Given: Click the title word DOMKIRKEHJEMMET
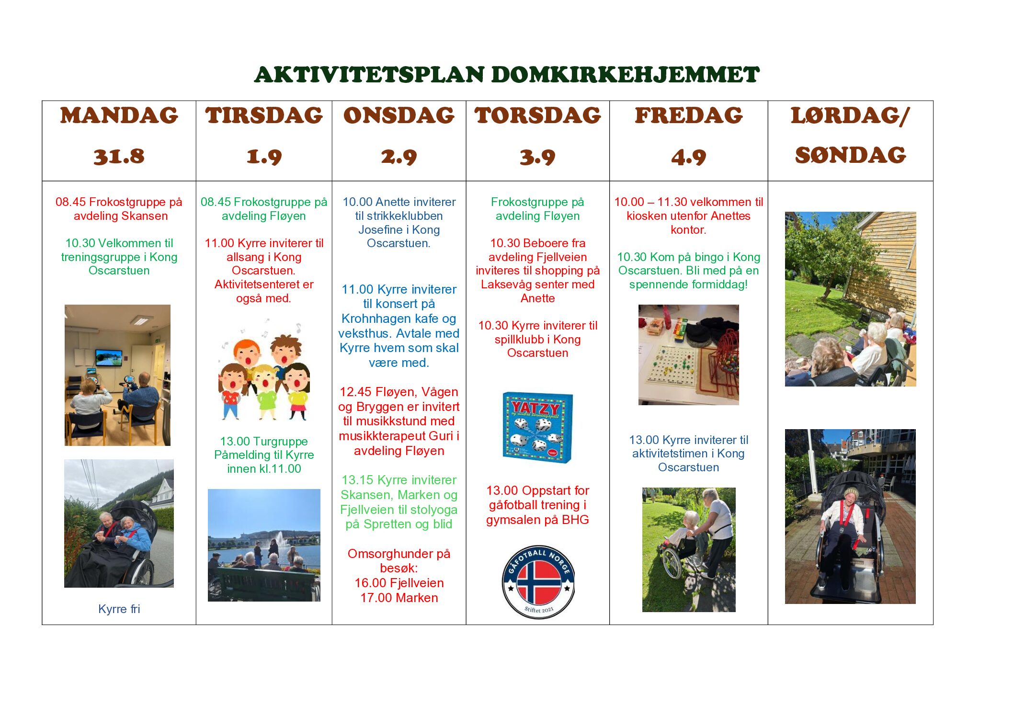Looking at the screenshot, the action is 625,75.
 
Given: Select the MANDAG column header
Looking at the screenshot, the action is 119,116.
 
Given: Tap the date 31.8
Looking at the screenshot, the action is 119,157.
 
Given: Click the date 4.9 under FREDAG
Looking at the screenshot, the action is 688,157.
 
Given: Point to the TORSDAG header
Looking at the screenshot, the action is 537,116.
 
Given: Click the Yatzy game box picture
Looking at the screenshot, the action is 537,427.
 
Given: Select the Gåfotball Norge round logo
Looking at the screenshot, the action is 538,582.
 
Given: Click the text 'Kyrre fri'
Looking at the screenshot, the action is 119,609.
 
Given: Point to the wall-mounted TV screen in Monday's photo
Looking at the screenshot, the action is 109,358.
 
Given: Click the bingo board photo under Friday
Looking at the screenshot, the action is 688,355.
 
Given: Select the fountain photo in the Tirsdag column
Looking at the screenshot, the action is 264,545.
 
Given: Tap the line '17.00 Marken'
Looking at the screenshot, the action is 399,598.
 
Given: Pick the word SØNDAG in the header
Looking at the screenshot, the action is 850,155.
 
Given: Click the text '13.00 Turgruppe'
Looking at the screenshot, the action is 264,441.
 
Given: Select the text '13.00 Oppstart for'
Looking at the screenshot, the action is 537,490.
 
